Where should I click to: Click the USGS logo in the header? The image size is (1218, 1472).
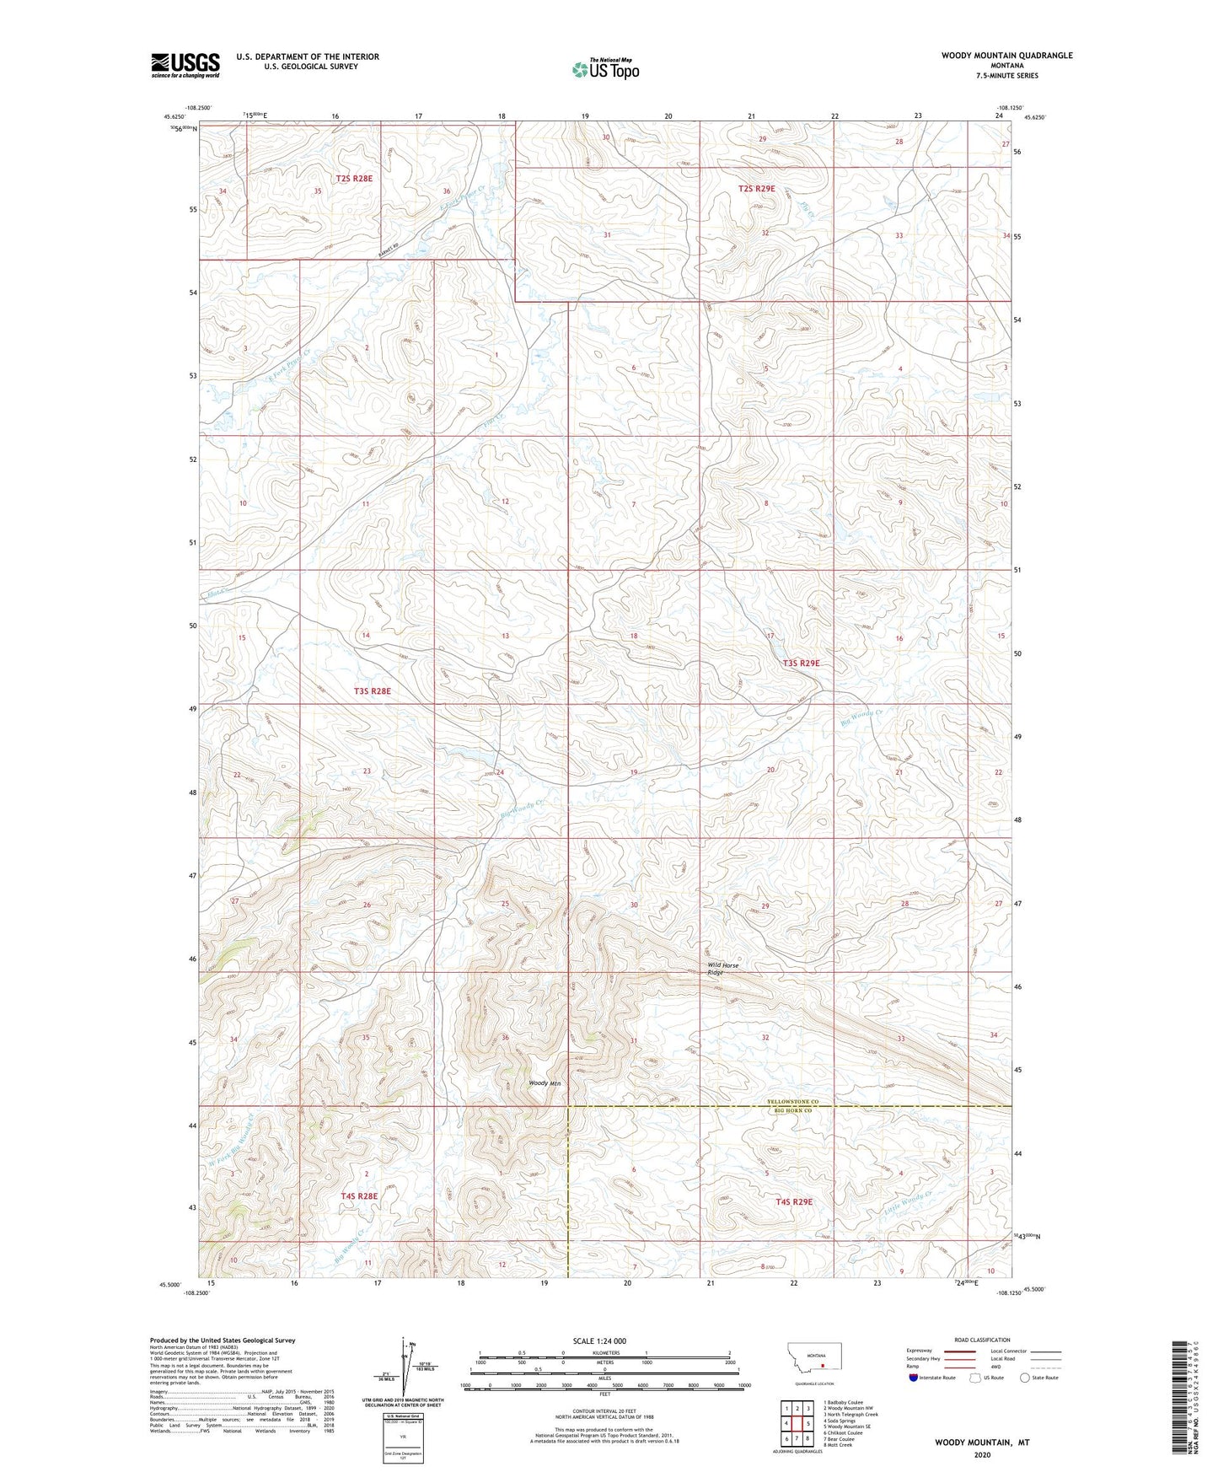tap(185, 65)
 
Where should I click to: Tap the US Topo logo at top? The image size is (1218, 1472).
tap(605, 69)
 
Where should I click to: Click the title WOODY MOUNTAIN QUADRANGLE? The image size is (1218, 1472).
tap(1006, 56)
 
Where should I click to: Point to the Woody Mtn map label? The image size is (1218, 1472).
tap(544, 1083)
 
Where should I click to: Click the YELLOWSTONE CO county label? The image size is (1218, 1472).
tap(792, 1102)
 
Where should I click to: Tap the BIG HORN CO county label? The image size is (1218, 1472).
tap(791, 1111)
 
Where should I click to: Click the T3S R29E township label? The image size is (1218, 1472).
tap(801, 663)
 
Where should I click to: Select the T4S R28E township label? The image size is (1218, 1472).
tap(359, 1195)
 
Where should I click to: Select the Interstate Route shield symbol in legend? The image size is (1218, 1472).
tap(914, 1378)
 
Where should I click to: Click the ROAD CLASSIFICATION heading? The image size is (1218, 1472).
tap(983, 1340)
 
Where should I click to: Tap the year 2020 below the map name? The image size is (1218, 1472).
tap(981, 1454)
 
